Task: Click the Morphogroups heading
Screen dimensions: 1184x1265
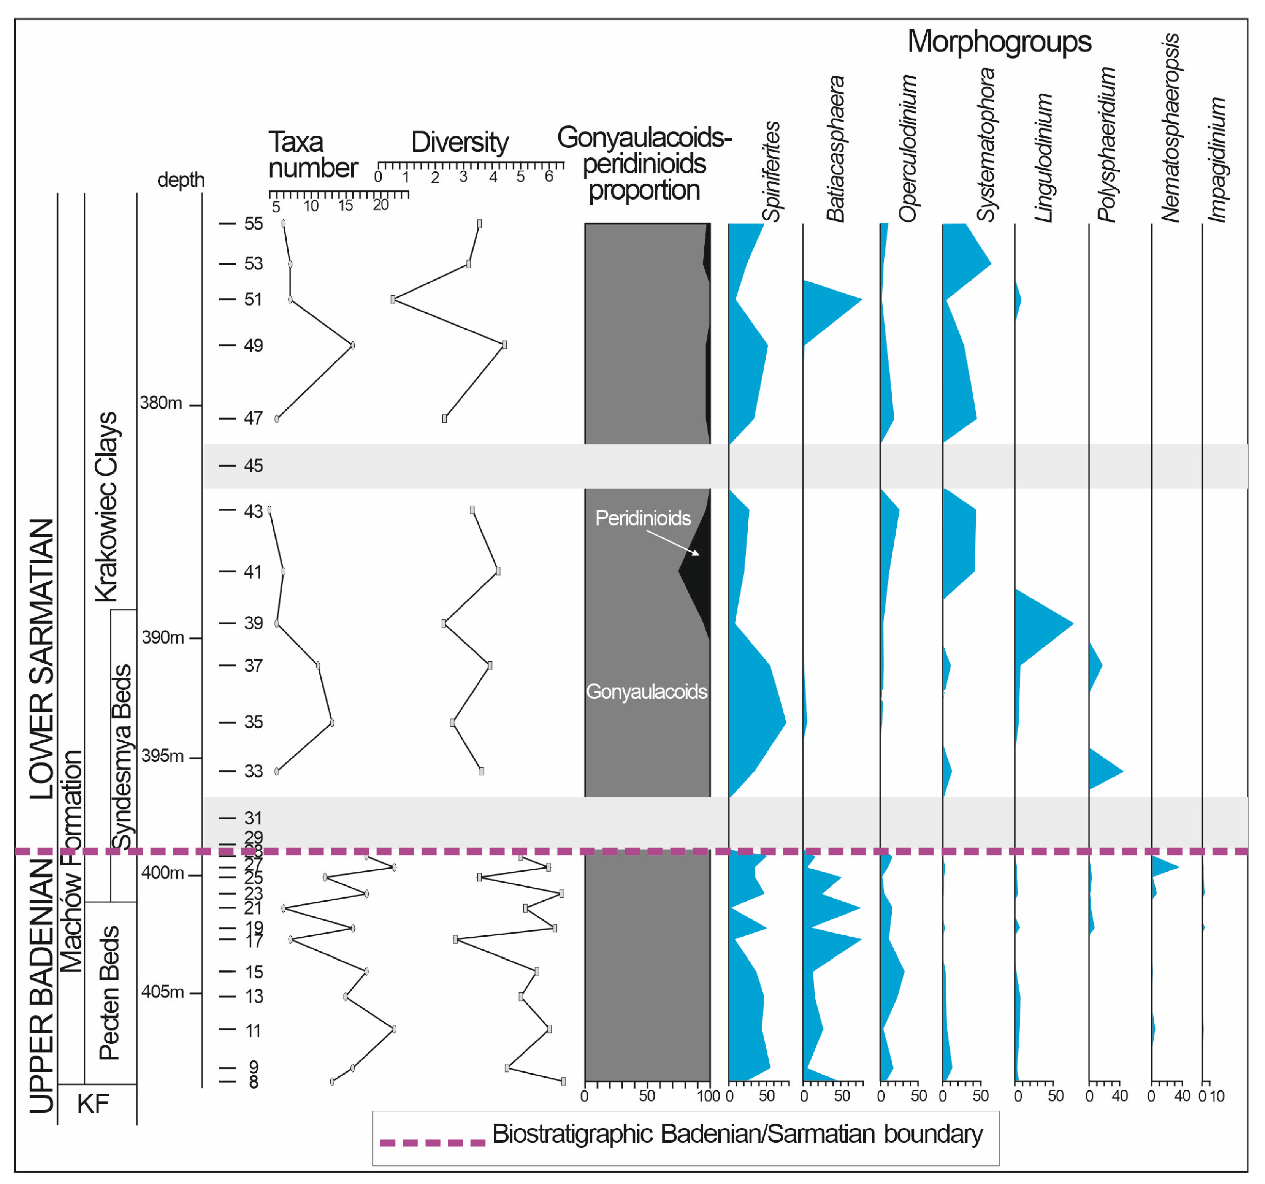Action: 999,42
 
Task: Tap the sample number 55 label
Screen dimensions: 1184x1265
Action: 253,224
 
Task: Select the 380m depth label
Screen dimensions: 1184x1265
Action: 161,403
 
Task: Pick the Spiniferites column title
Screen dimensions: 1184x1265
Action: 771,172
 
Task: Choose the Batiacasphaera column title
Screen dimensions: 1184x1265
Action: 835,149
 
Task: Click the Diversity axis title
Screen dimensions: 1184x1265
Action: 460,142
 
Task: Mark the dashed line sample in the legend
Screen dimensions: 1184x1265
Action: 432,1143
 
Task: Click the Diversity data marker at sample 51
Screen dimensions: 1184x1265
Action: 393,299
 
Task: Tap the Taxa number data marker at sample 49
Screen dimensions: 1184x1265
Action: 352,346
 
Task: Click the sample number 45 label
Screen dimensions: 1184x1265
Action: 253,466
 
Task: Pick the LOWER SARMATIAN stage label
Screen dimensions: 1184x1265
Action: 42,658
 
